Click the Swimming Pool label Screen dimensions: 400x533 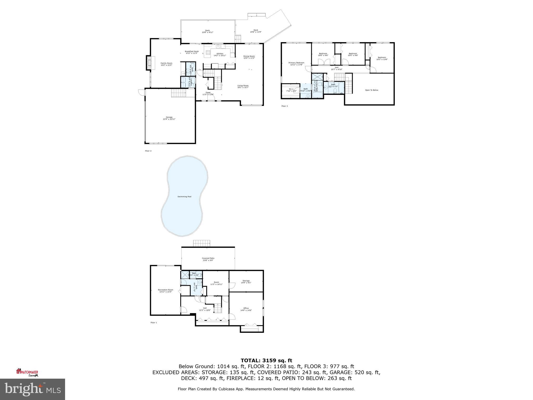click(184, 197)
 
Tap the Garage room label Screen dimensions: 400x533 click(169, 118)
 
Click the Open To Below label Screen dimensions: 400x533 click(372, 90)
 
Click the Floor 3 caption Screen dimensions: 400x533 click(284, 106)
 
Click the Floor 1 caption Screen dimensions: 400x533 click(154, 323)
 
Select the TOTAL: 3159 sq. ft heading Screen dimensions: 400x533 click(266, 360)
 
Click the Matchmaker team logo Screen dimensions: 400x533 click(27, 372)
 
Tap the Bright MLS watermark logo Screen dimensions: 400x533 click(33, 389)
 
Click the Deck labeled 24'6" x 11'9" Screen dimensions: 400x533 click(256, 31)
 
